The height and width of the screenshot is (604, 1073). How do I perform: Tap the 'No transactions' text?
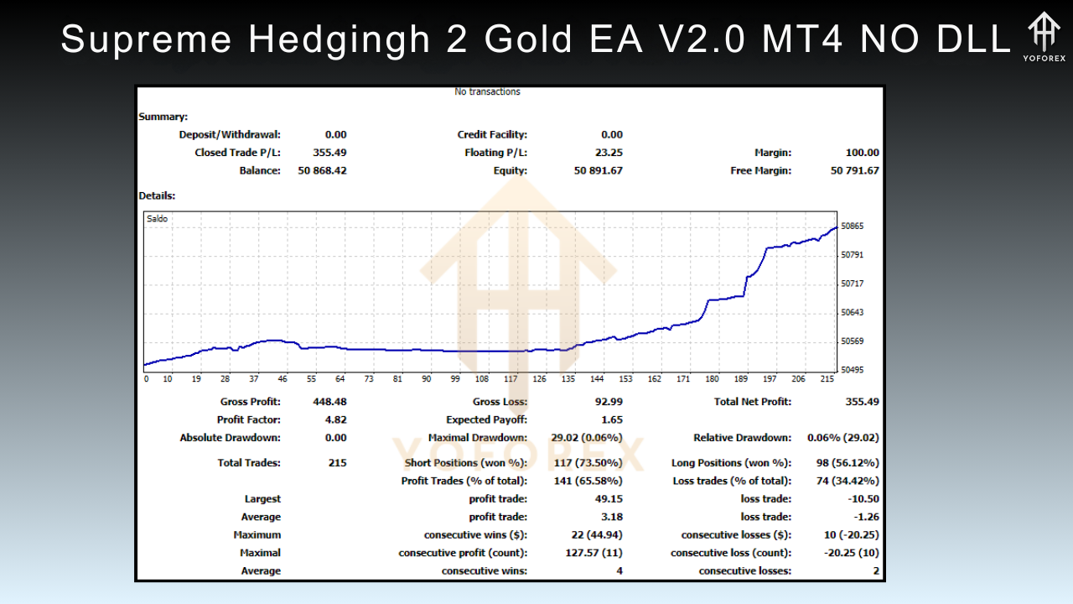tap(487, 92)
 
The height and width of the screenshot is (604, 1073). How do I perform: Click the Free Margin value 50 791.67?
tap(855, 171)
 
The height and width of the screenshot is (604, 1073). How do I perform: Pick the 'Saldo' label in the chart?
tap(157, 219)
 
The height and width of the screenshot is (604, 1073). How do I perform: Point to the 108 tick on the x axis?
tap(481, 379)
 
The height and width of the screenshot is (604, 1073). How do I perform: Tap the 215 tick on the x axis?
tap(827, 379)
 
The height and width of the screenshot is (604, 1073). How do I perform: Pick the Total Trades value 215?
tap(337, 463)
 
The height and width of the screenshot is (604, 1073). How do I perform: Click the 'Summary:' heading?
tap(163, 117)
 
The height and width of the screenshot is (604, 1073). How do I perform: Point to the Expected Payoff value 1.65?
tap(611, 419)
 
